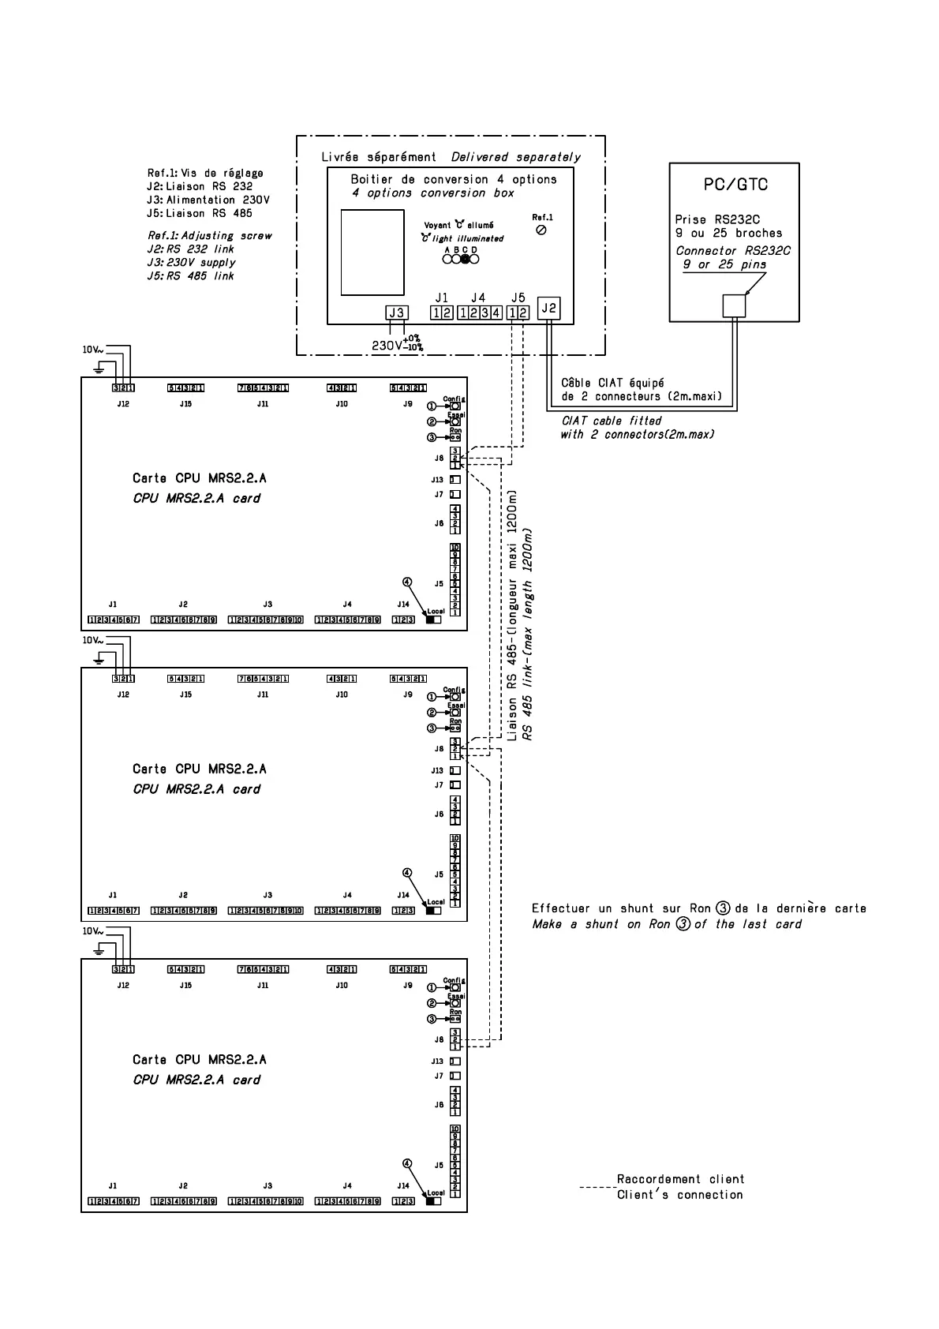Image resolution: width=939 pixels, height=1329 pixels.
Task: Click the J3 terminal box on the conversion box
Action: tap(396, 313)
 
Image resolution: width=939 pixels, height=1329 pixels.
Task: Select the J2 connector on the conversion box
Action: tap(549, 309)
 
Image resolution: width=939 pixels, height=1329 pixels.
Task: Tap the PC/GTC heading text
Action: tap(735, 185)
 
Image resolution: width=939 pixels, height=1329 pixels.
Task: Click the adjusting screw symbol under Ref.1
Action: tap(541, 230)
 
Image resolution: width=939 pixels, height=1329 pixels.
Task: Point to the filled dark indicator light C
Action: tap(466, 259)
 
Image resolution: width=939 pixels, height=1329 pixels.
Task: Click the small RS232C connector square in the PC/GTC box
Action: tap(734, 305)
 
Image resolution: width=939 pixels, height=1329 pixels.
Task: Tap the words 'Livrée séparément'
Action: tap(379, 157)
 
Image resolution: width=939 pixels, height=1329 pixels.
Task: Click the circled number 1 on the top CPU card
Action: tap(432, 406)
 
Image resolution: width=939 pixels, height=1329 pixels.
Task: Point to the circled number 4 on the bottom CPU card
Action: tap(407, 1163)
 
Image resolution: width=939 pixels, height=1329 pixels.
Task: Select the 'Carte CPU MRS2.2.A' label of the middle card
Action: tap(200, 769)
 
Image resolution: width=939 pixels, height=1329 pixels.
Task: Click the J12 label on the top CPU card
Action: tap(123, 404)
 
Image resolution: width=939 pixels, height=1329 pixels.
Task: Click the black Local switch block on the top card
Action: tap(432, 620)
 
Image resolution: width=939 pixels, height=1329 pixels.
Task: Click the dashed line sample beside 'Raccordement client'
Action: tap(597, 1187)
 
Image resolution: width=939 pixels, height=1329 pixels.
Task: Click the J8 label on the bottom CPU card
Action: tap(439, 1039)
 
